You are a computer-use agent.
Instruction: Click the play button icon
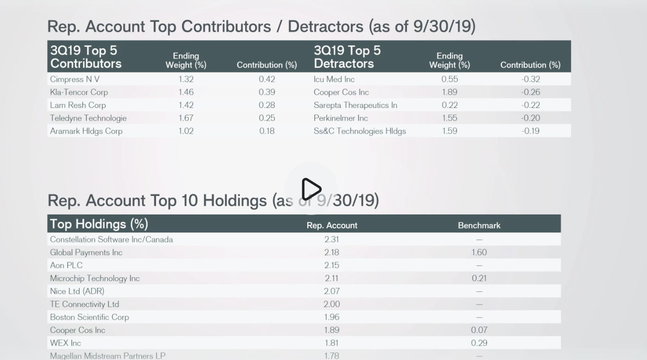(311, 189)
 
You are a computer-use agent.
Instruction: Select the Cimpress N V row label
(75, 79)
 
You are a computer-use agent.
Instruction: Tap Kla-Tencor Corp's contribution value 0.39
(267, 92)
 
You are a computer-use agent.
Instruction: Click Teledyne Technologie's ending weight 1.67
(186, 118)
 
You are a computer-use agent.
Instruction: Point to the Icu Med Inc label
(334, 79)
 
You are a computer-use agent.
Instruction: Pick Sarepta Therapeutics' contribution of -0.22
(530, 105)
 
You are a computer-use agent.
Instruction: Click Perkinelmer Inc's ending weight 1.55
(449, 118)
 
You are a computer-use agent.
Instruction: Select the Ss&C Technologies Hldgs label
(360, 131)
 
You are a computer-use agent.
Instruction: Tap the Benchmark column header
(479, 226)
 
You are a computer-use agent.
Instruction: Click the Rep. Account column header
(332, 226)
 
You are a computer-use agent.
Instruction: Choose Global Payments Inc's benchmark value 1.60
(479, 253)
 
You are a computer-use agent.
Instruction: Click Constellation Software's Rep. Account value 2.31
(331, 239)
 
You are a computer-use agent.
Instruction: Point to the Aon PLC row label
(66, 265)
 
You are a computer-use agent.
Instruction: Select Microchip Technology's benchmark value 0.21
(479, 278)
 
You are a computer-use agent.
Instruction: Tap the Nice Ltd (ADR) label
(77, 291)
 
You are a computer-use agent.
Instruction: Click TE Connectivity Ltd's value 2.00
(331, 304)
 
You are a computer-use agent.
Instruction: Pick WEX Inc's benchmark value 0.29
(479, 343)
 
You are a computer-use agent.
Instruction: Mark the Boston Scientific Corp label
(89, 317)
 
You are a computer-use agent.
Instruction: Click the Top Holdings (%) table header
(99, 224)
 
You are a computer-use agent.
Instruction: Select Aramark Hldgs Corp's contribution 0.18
(267, 131)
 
